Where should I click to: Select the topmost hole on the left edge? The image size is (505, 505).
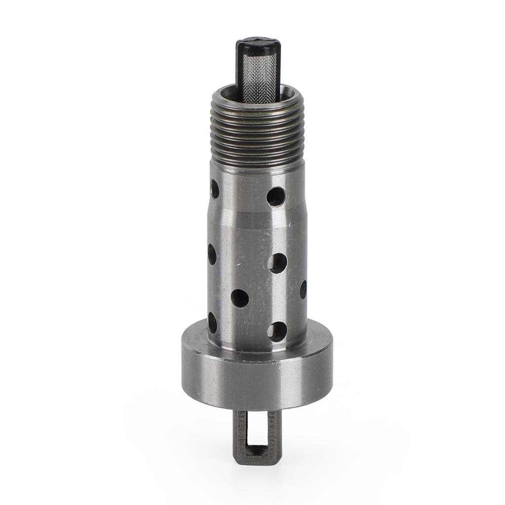215,188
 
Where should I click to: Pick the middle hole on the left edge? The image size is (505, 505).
212,254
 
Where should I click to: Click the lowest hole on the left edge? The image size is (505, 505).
213,322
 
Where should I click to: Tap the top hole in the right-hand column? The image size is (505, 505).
276,196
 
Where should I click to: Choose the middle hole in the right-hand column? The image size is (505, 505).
277,263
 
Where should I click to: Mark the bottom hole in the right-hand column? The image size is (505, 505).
277,331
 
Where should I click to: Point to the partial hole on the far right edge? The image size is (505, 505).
303,289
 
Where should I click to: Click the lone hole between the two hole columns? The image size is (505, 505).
240,298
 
